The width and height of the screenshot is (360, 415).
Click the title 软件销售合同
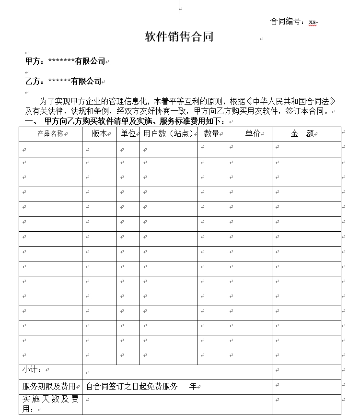(x=179, y=37)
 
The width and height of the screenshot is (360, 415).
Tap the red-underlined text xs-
(x=314, y=22)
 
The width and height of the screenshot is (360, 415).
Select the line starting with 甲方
(x=65, y=61)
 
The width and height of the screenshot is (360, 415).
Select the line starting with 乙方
(x=63, y=81)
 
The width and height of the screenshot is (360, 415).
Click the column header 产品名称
(x=50, y=134)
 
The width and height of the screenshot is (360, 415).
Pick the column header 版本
(x=99, y=134)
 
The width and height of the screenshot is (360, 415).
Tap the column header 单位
(x=128, y=134)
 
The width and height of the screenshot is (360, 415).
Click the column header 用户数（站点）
(x=168, y=134)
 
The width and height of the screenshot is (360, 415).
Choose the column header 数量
(x=211, y=134)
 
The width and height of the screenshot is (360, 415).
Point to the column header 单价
(x=253, y=134)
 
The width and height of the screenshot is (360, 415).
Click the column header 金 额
(x=302, y=134)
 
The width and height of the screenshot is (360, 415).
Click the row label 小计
(x=32, y=370)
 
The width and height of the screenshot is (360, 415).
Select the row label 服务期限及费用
(x=48, y=386)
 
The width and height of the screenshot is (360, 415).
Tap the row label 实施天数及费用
(x=49, y=403)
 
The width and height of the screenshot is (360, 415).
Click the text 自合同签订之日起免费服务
(x=132, y=386)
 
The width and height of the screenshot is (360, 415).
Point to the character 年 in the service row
(x=193, y=386)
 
